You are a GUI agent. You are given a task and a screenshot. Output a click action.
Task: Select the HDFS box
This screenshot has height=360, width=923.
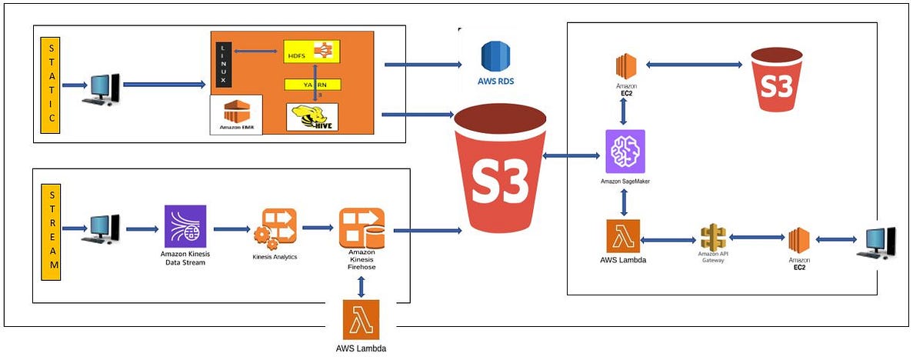click(x=312, y=52)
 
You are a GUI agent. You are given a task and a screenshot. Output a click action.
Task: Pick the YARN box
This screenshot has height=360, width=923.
click(x=312, y=85)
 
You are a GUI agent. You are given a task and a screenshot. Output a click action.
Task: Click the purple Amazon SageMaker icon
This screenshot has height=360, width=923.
click(x=625, y=152)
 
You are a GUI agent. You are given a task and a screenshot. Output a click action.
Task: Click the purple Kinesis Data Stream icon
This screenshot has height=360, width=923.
click(x=185, y=226)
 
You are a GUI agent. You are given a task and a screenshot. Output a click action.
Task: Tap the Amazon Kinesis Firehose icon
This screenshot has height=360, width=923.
click(x=362, y=228)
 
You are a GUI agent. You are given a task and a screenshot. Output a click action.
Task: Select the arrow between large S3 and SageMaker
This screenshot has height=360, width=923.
click(x=573, y=157)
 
